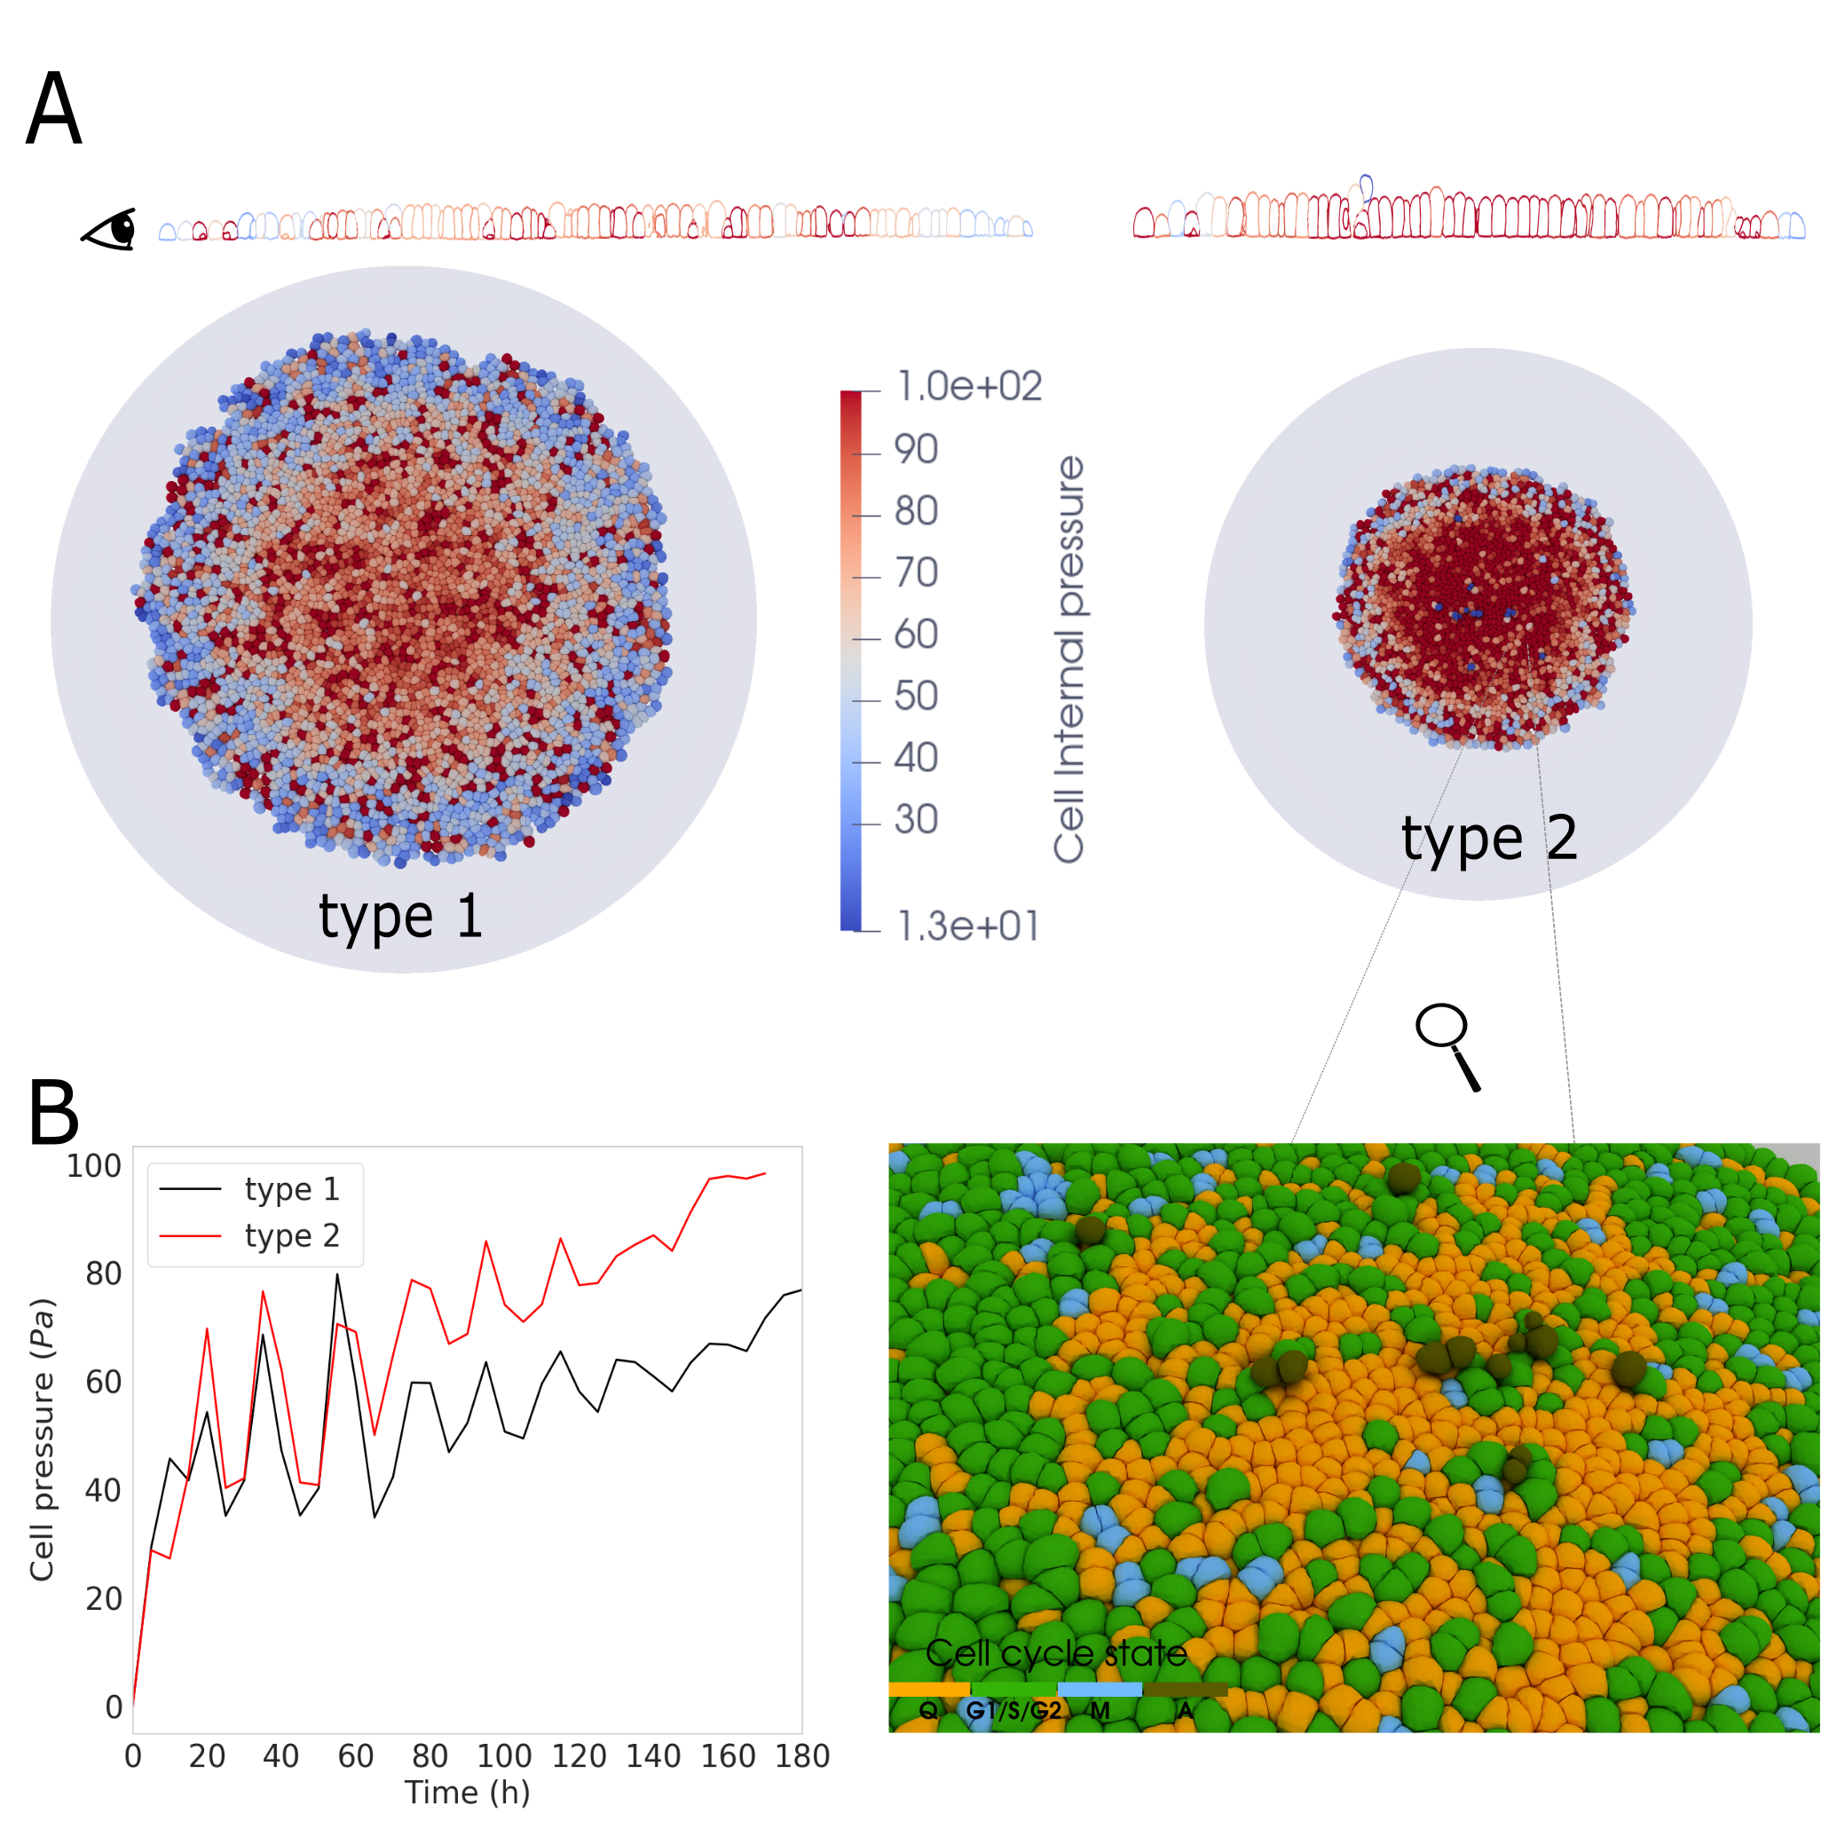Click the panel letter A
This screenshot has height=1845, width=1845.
pos(54,109)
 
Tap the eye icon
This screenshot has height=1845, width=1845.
pos(110,231)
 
